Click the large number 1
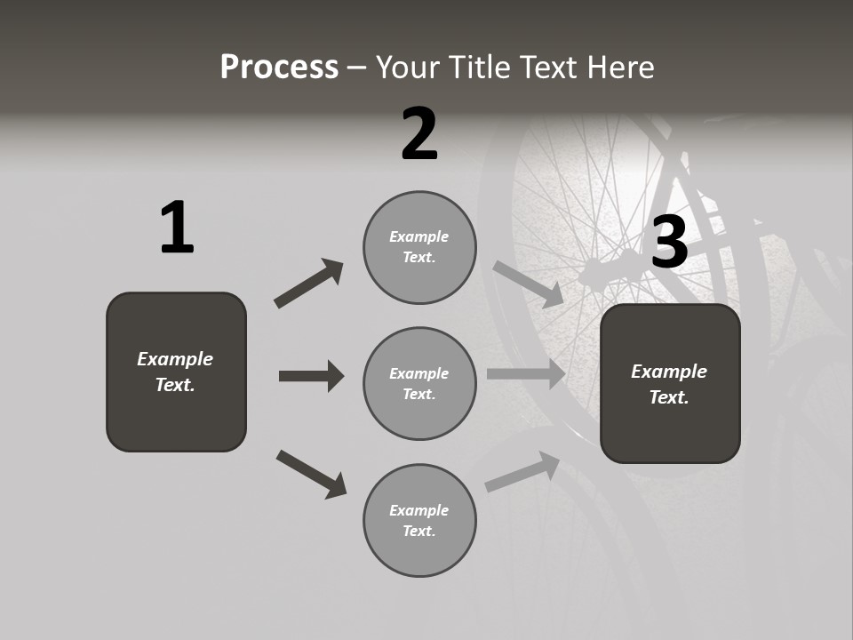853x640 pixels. pos(177,228)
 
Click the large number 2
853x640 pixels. pos(419,134)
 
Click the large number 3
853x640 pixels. pos(669,242)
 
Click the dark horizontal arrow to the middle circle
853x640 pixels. pos(311,376)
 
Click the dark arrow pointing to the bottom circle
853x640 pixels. pos(311,474)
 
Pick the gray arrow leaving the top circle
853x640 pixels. pos(528,284)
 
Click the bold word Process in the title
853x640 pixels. pos(279,67)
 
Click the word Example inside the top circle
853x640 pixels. pos(419,236)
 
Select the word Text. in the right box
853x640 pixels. pos(669,397)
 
